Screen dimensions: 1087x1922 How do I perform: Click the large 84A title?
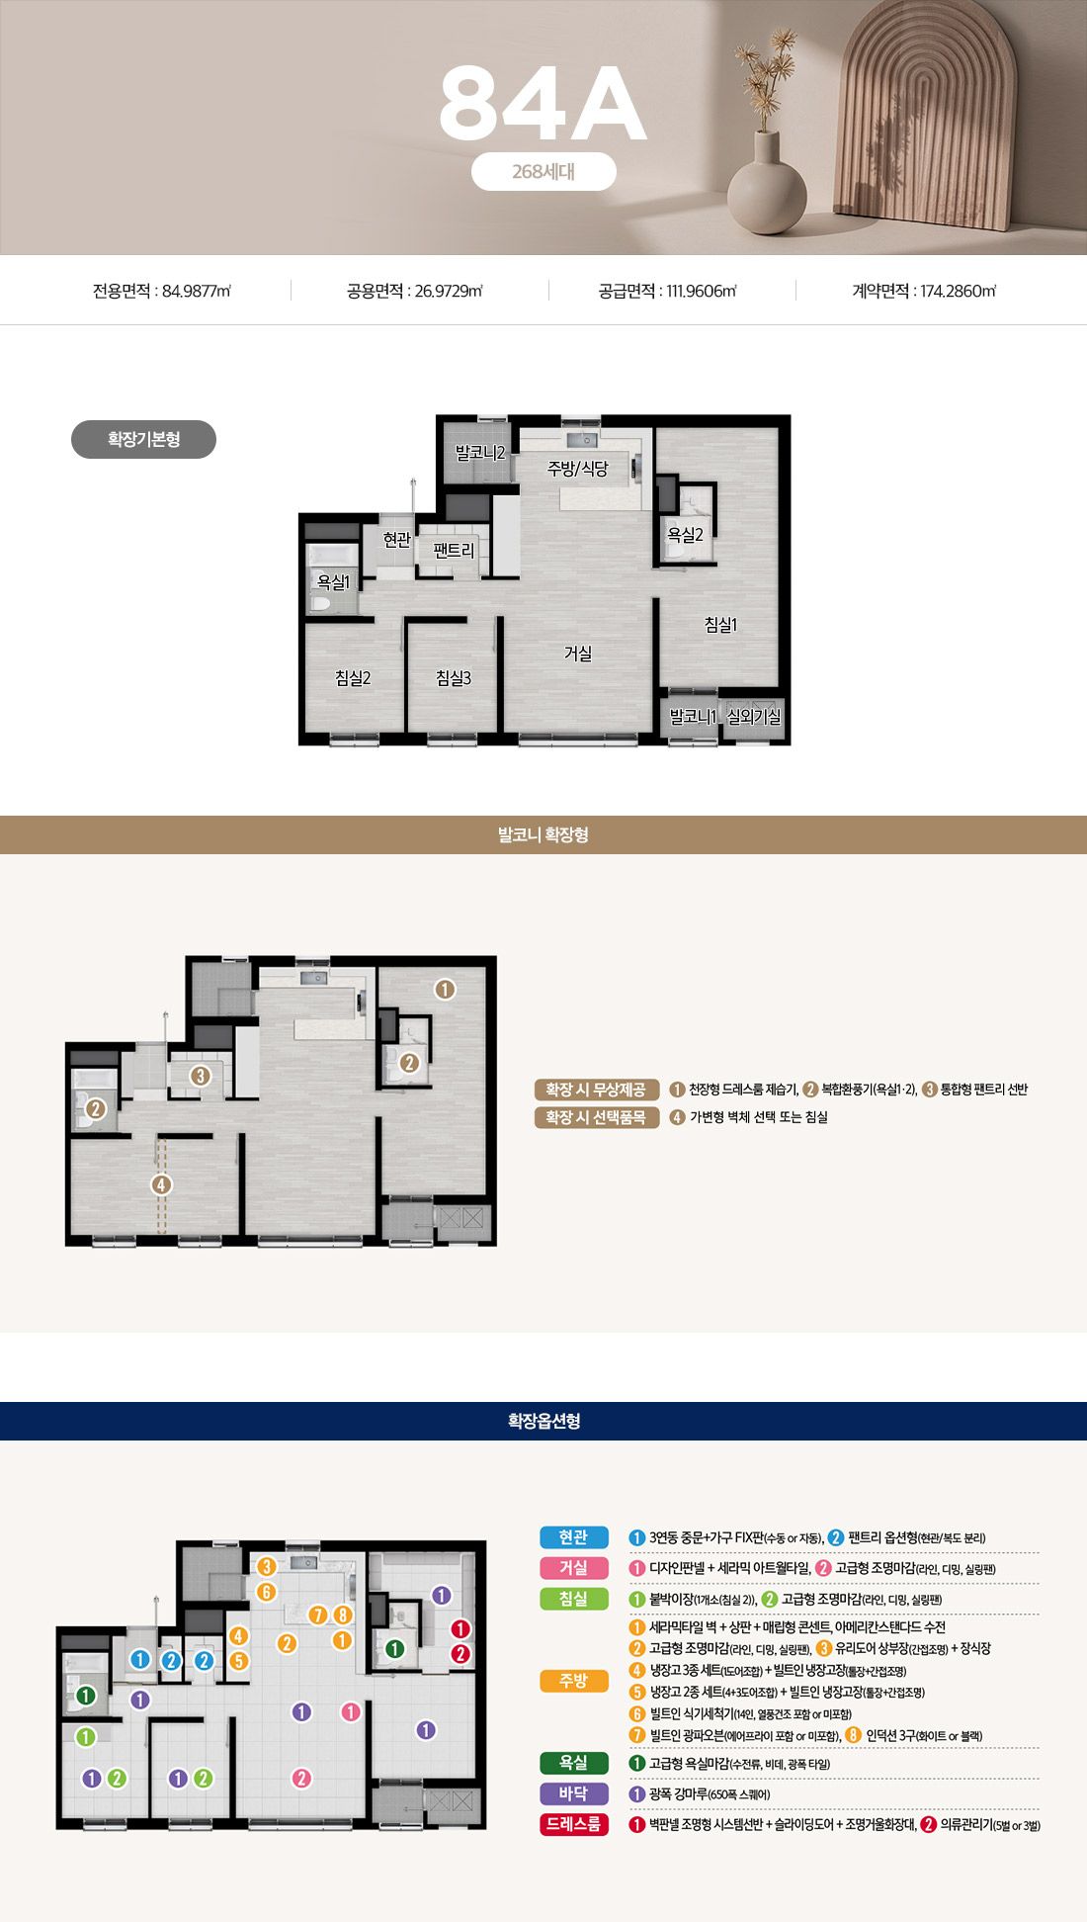coord(543,104)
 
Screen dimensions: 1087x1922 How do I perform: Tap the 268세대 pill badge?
coord(543,171)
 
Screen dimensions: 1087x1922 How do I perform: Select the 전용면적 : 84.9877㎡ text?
coord(162,291)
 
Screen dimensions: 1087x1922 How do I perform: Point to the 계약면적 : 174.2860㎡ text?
coord(924,291)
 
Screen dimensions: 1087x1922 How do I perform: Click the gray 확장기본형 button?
coord(143,439)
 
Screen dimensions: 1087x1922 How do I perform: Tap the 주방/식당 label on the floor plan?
coord(578,468)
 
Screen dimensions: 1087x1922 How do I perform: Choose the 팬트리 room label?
coord(454,551)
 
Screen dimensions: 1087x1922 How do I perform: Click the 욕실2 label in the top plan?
coord(685,535)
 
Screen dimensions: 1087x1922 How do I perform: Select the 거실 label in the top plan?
coord(578,653)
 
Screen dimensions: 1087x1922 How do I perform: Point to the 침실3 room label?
coord(454,677)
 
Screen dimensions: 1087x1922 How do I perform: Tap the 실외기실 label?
coord(754,717)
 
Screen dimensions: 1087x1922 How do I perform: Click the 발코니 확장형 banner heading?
coord(543,834)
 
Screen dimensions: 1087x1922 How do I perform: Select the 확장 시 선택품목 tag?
coord(597,1117)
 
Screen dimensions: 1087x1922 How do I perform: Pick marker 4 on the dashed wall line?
coord(161,1184)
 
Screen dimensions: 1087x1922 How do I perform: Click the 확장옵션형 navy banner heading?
coord(543,1421)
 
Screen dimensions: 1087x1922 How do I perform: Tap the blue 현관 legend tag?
coord(574,1537)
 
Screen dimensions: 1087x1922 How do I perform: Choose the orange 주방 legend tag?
coord(574,1681)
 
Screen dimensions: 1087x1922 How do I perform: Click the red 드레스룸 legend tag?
coord(574,1824)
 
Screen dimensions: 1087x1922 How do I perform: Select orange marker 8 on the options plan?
coord(343,1615)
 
